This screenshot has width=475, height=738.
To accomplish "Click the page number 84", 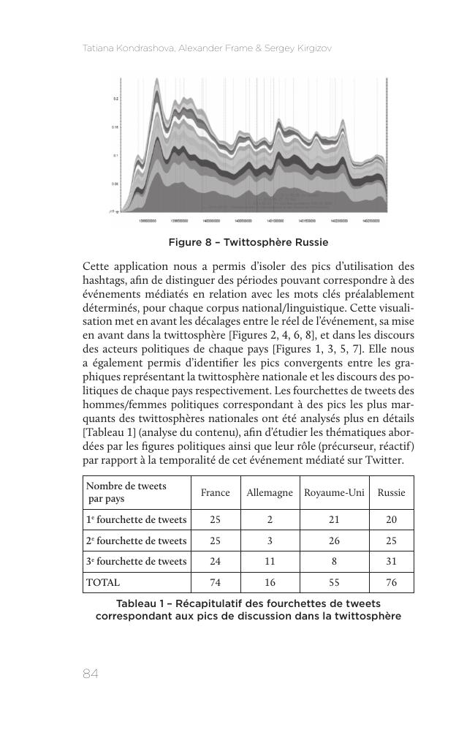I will click(x=91, y=674).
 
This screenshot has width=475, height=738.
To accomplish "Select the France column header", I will click(x=216, y=493).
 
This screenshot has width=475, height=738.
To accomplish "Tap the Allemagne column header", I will click(x=270, y=493).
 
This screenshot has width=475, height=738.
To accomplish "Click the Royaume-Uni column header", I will click(x=334, y=493).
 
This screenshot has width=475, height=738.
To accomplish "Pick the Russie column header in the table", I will click(x=391, y=493).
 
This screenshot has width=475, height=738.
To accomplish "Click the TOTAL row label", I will click(x=103, y=583).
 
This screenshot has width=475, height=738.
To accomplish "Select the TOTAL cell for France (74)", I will click(x=216, y=583).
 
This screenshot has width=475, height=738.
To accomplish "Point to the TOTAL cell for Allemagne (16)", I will click(x=270, y=583).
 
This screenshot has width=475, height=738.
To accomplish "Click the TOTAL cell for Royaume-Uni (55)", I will click(x=334, y=583).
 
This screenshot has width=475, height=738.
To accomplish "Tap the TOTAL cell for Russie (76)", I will click(x=391, y=583).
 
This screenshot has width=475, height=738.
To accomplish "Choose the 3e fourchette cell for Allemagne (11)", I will click(x=270, y=562).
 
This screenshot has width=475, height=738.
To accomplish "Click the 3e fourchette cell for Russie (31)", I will click(x=391, y=562).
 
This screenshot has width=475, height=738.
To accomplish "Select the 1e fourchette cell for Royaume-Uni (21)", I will click(x=334, y=520).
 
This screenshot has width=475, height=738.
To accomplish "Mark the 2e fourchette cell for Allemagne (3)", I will click(x=270, y=541).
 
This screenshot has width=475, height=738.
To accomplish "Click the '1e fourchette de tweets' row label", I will click(x=137, y=520).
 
